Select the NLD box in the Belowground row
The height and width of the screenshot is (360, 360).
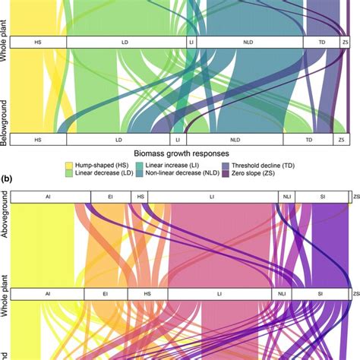[234, 141]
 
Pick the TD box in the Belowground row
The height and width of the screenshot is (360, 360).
[308, 141]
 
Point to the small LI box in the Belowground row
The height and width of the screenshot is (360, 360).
[178, 141]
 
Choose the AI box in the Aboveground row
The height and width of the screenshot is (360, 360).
[47, 197]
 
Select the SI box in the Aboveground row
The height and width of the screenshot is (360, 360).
[322, 197]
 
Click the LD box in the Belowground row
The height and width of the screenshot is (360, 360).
[118, 141]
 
